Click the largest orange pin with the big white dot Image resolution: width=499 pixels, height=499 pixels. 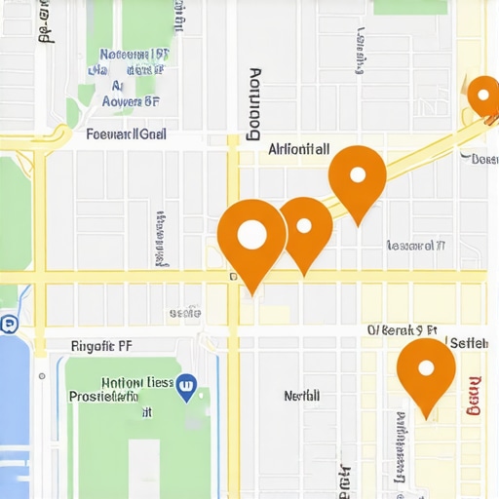[x=251, y=237]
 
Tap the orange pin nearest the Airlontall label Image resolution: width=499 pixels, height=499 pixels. [x=357, y=177]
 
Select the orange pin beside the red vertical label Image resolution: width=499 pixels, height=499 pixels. [x=426, y=370]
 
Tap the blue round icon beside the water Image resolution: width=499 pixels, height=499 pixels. [x=9, y=325]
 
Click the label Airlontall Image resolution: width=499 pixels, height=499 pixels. [x=298, y=150]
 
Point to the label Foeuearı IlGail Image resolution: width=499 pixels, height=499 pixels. [x=126, y=135]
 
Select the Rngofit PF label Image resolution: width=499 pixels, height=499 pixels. [x=101, y=345]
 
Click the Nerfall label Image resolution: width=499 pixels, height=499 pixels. [x=301, y=396]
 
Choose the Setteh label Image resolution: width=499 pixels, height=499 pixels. [x=468, y=342]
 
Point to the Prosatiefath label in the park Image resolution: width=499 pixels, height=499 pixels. [x=117, y=398]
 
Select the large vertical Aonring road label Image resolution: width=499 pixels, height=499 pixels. [x=255, y=102]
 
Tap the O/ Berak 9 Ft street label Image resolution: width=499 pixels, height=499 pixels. [x=402, y=331]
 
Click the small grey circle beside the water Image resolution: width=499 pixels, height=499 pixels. [x=41, y=375]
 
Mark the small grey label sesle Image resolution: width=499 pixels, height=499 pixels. [x=184, y=313]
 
